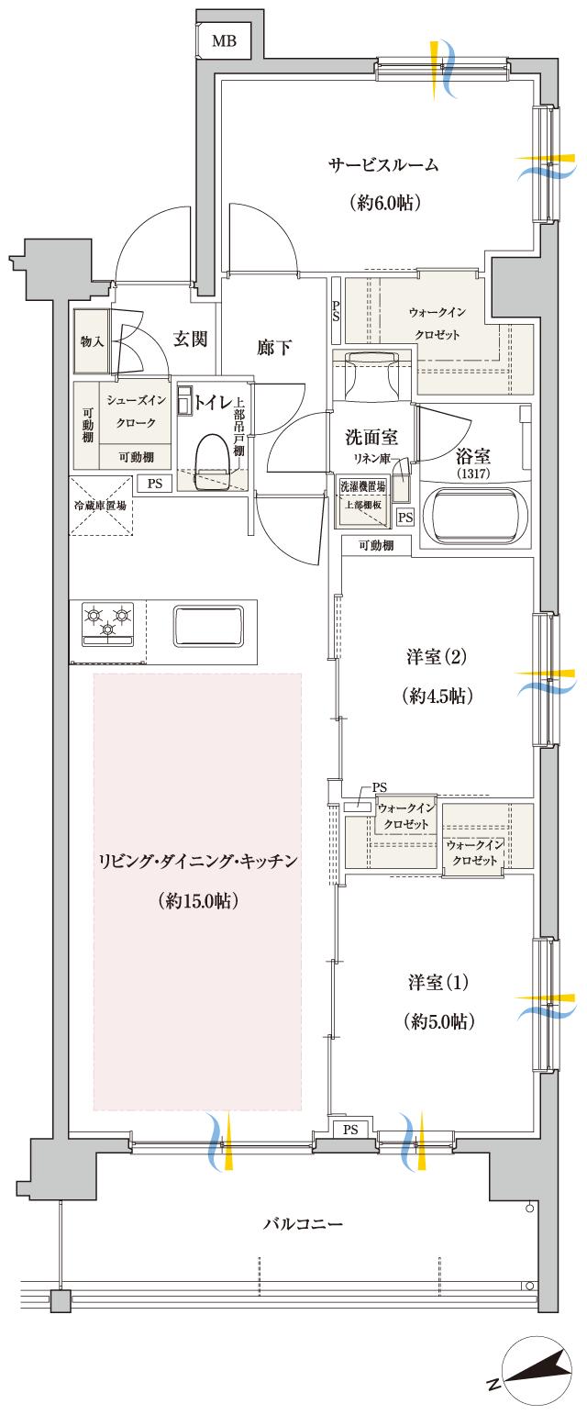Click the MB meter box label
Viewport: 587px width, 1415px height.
pos(223,40)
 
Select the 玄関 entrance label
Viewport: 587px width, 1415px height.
pos(190,340)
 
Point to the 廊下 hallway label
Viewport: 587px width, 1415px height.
pos(274,347)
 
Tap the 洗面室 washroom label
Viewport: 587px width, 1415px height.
pos(371,439)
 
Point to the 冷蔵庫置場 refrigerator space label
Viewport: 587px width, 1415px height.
pos(100,505)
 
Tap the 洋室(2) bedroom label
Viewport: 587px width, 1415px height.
pos(437,657)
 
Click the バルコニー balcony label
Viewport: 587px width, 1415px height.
pos(303,1224)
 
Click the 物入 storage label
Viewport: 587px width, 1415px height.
pos(91,341)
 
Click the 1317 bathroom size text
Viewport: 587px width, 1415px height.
pos(473,474)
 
